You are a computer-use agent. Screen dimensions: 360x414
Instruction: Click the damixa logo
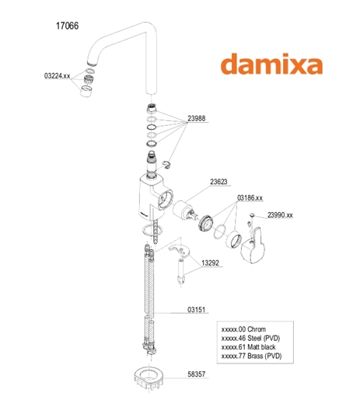271,64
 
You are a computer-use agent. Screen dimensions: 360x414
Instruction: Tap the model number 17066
67,26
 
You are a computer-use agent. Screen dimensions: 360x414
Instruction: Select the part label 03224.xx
57,76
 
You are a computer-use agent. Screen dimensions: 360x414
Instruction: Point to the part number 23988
197,118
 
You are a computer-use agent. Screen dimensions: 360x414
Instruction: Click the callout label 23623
218,182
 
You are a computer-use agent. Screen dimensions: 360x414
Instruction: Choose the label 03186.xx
250,198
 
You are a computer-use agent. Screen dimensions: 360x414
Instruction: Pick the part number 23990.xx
280,215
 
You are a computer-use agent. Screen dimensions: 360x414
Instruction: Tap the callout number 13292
210,263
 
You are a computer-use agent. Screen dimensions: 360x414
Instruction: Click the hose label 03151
197,309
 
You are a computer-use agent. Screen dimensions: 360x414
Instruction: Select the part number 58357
197,374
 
